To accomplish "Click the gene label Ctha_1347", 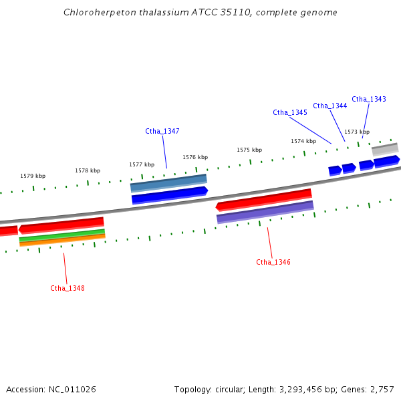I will [162, 131].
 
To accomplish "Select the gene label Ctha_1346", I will [273, 262].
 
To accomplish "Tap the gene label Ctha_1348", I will [68, 288].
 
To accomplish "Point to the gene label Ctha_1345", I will [290, 112].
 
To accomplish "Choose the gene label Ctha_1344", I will [330, 106].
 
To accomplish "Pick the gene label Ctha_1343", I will [369, 99].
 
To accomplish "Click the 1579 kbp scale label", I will [33, 176].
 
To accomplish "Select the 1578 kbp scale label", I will [88, 170].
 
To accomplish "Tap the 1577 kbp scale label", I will [142, 164].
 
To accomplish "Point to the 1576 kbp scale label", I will [195, 157].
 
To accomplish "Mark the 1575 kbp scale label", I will [249, 150].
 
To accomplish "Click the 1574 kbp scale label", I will [303, 141].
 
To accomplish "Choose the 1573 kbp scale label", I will [357, 132].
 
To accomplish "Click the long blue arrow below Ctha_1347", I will [170, 195].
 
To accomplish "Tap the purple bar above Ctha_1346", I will [265, 212].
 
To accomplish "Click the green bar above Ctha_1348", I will [62, 235].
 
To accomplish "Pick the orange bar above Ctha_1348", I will [62, 240].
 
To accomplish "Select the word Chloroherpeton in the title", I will [94, 12].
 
